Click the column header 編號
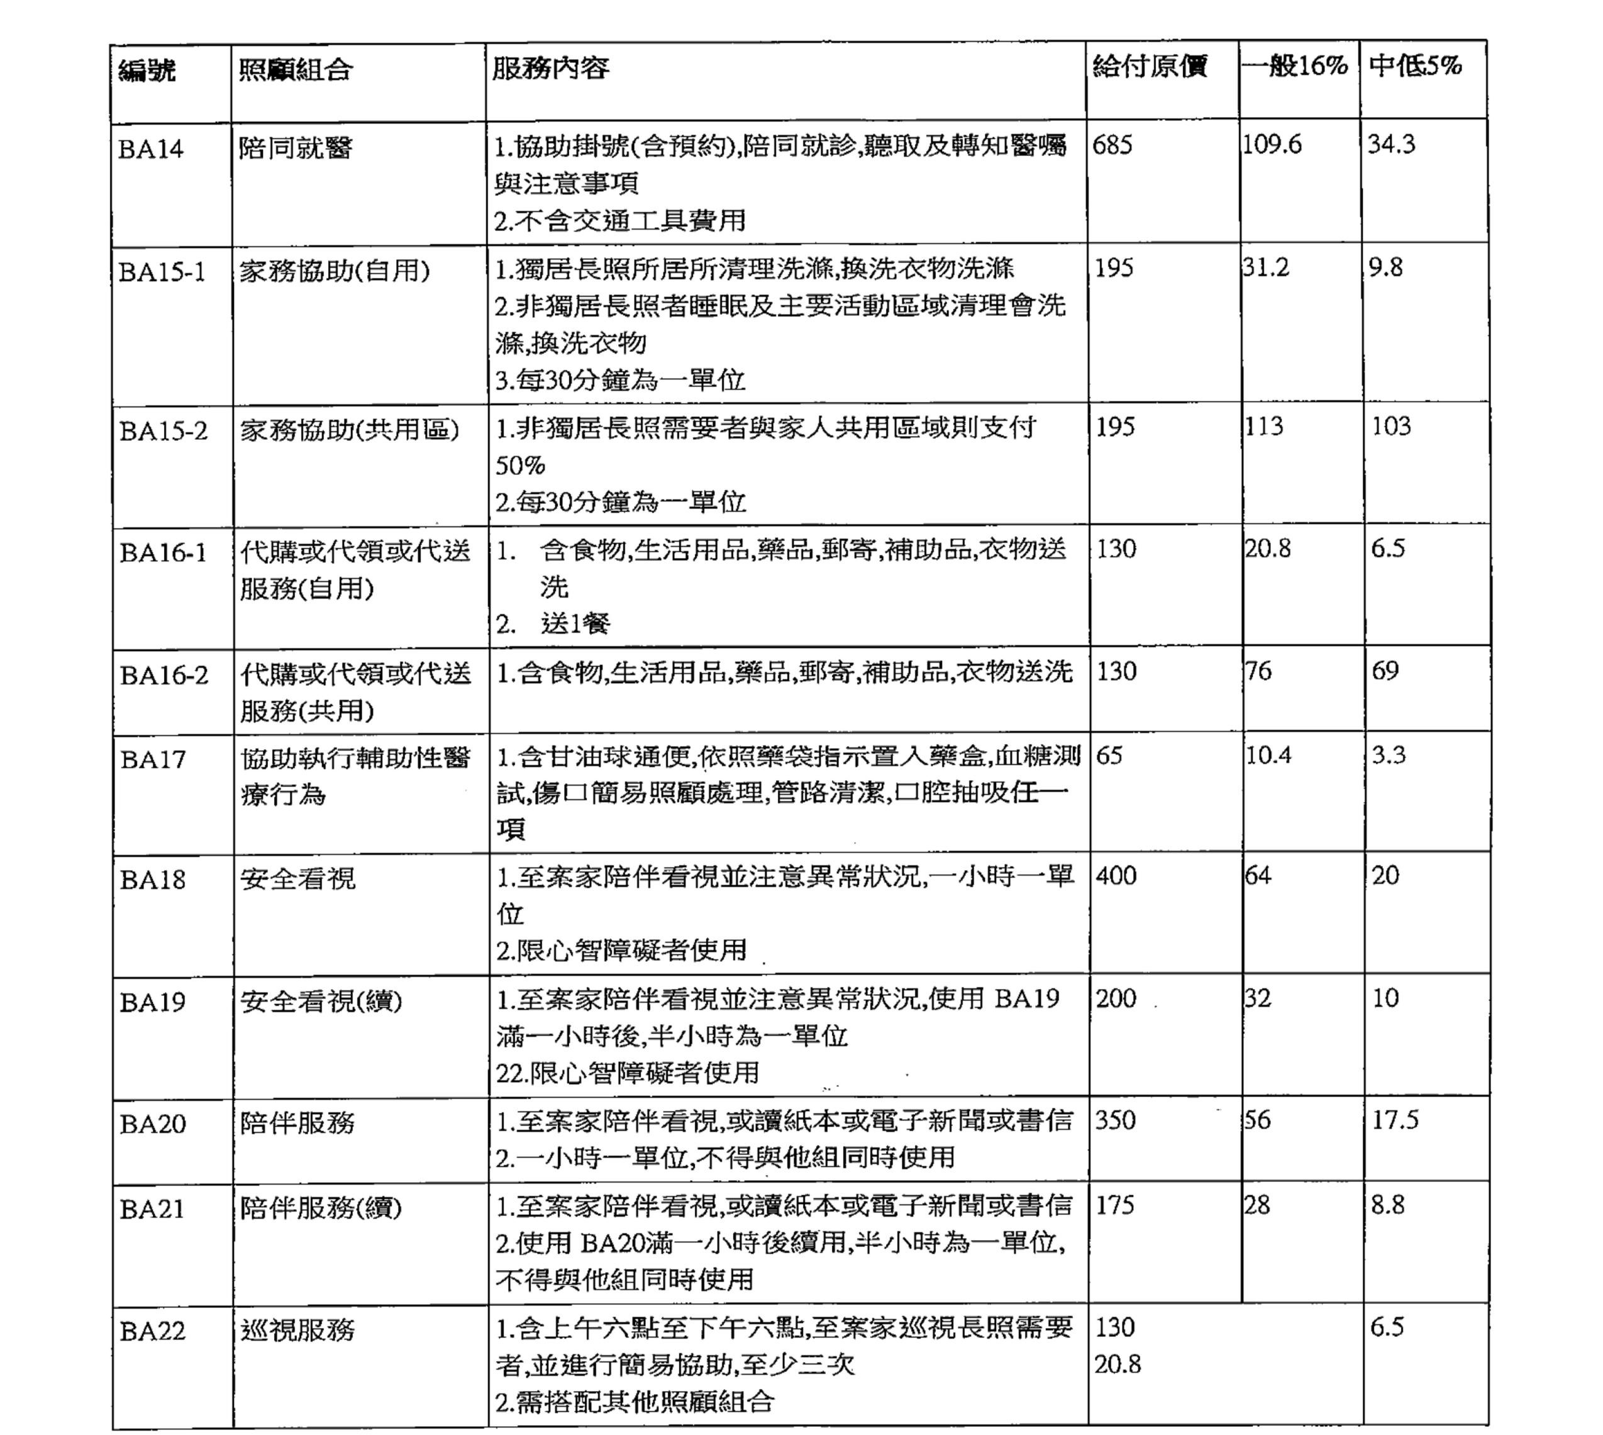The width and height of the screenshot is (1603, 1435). pos(147,71)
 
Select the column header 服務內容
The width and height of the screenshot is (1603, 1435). pos(550,68)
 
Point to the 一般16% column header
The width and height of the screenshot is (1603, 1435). pos(1295,65)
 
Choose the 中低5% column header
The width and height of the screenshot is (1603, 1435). pos(1416,65)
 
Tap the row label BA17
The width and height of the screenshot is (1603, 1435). pos(153,759)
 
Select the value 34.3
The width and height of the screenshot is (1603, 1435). pos(1391,143)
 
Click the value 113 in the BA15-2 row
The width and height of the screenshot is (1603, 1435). pos(1264,426)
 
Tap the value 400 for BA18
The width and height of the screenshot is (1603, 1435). pos(1116,875)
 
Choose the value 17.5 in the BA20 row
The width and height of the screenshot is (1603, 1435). pos(1395,1120)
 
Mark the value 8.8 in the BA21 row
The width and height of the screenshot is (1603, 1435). pos(1388,1205)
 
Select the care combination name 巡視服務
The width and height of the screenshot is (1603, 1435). pos(297,1330)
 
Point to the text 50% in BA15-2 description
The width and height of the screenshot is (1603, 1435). pos(520,465)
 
